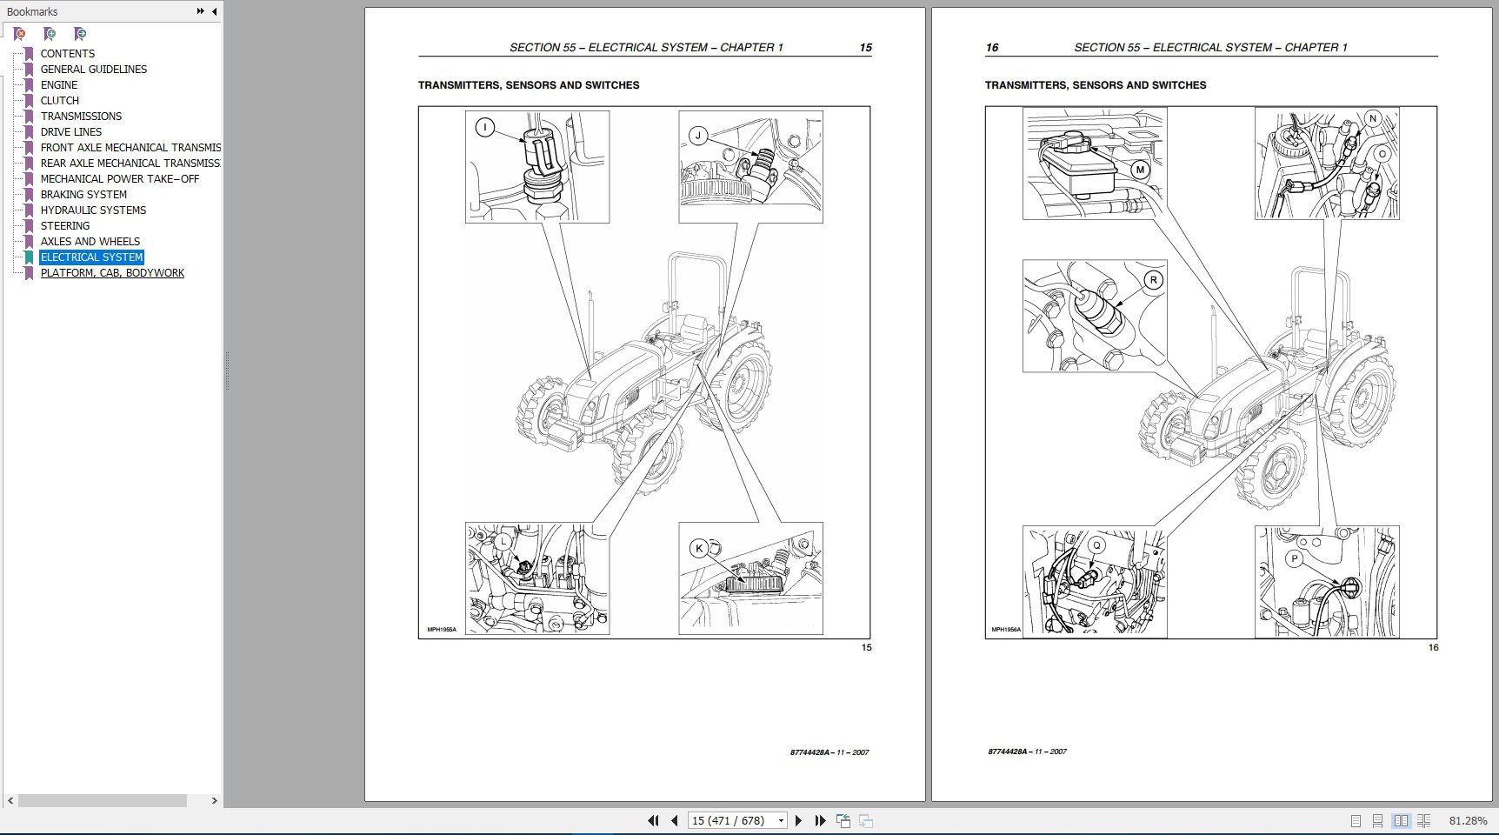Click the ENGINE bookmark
(58, 85)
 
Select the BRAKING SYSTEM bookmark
(83, 195)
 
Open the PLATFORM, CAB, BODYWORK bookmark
(112, 273)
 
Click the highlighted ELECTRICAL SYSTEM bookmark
(91, 257)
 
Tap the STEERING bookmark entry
(64, 226)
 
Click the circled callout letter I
(485, 128)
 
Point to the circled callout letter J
(697, 136)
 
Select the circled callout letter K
(699, 549)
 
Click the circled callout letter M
(1140, 170)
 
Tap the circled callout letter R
(1153, 280)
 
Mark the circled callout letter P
(1295, 559)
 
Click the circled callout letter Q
(1096, 545)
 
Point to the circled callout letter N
(1373, 118)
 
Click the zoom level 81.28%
(1468, 820)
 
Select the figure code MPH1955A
(442, 630)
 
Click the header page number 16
(992, 48)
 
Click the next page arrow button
(798, 820)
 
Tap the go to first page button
(653, 820)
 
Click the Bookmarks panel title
(32, 11)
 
